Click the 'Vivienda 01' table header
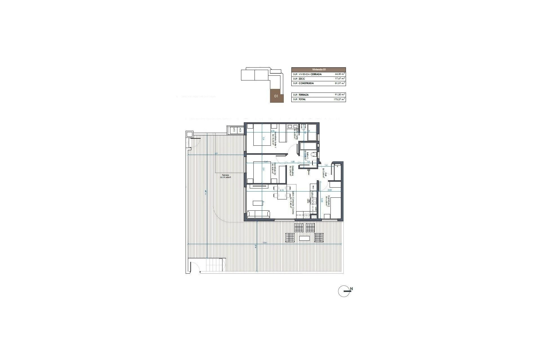pyautogui.click(x=318, y=69)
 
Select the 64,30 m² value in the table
pyautogui.click(x=340, y=74)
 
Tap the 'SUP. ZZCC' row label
pyautogui.click(x=299, y=79)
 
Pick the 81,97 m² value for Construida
pyautogui.click(x=340, y=83)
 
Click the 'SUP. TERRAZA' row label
pyautogui.click(x=301, y=95)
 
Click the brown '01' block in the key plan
pyautogui.click(x=276, y=96)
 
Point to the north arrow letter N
pyautogui.click(x=352, y=289)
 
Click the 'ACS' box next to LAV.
pyautogui.click(x=240, y=130)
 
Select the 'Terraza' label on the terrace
pyautogui.click(x=225, y=175)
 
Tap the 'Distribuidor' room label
pyautogui.click(x=292, y=170)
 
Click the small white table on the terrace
pyautogui.click(x=305, y=238)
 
